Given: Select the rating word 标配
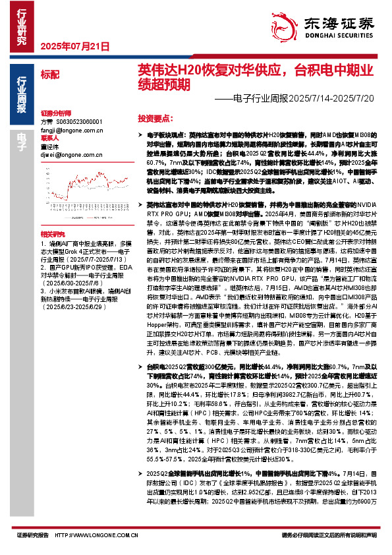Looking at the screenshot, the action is point(49,74).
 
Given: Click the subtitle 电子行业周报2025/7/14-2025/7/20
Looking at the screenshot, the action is point(296,98).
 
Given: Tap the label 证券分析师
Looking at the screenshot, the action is point(55,113).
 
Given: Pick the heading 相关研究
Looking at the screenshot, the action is point(51,216).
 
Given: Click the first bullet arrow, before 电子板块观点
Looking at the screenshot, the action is point(141,134).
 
